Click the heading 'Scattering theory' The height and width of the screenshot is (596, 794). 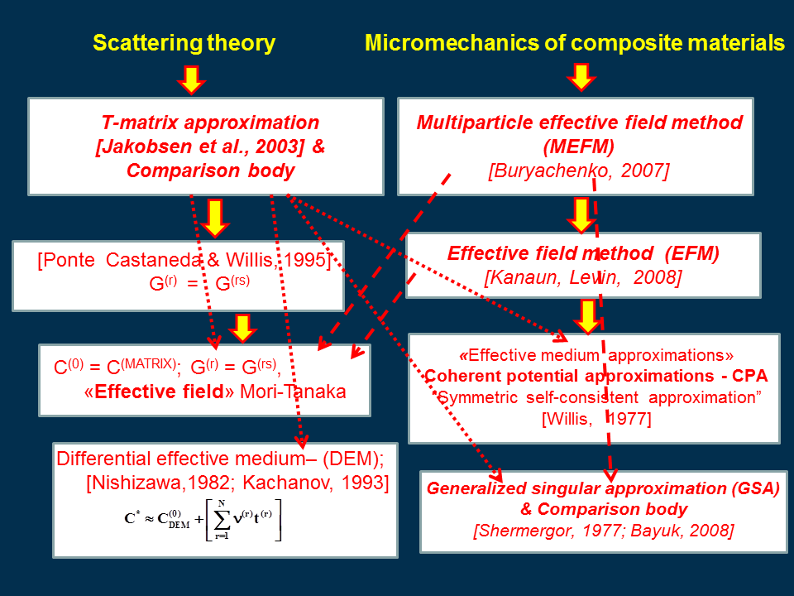pos(184,42)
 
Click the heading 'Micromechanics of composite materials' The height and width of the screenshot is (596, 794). pos(575,42)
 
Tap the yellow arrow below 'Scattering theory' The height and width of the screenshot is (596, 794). pos(191,80)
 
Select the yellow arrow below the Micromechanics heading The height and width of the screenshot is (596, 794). pos(581,77)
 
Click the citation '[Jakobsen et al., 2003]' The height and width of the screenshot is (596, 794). pos(200,147)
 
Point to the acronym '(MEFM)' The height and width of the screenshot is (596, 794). pos(578,147)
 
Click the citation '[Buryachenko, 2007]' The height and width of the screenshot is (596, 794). pos(579,171)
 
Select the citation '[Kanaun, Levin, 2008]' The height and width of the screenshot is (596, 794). pos(583,278)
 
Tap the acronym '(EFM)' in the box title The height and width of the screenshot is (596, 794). pos(692,253)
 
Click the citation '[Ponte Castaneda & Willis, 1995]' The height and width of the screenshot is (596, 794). pos(184,260)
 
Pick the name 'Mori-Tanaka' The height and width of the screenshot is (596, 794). pos(293,392)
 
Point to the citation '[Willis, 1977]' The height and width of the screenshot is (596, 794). pos(596,419)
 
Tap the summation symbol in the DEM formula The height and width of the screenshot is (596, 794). pos(222,519)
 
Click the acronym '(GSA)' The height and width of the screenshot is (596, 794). pos(753,488)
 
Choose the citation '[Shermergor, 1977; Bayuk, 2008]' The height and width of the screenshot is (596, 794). pos(604,531)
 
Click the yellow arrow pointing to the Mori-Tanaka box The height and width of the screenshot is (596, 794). pos(242,328)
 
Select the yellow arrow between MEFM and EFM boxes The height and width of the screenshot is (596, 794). pos(581,215)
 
